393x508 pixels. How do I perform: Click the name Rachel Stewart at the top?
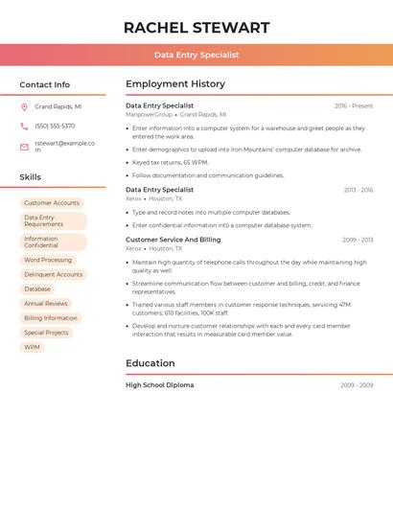pyautogui.click(x=196, y=28)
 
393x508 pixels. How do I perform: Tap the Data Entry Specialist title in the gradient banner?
pyautogui.click(x=196, y=55)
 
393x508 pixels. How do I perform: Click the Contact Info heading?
pyautogui.click(x=44, y=84)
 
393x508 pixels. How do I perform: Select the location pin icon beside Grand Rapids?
pyautogui.click(x=24, y=107)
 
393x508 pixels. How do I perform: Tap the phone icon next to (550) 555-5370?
pyautogui.click(x=24, y=126)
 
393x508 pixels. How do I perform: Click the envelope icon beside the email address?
pyautogui.click(x=24, y=147)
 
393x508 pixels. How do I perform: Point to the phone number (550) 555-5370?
pyautogui.click(x=55, y=126)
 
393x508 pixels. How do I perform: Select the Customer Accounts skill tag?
pyautogui.click(x=52, y=203)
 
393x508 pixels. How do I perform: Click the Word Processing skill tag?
pyautogui.click(x=48, y=260)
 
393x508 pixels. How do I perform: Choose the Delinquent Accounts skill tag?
pyautogui.click(x=54, y=274)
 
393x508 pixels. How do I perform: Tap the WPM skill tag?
pyautogui.click(x=32, y=347)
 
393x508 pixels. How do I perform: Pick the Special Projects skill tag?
pyautogui.click(x=46, y=333)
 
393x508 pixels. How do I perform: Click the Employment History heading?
pyautogui.click(x=175, y=84)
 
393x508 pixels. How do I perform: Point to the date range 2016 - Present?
pyautogui.click(x=354, y=105)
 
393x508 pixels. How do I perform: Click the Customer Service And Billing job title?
pyautogui.click(x=173, y=240)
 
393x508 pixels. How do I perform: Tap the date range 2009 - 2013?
pyautogui.click(x=358, y=240)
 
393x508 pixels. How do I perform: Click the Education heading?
pyautogui.click(x=150, y=363)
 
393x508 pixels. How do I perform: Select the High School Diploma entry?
pyautogui.click(x=159, y=385)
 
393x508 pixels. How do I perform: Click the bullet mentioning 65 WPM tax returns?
pyautogui.click(x=171, y=162)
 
